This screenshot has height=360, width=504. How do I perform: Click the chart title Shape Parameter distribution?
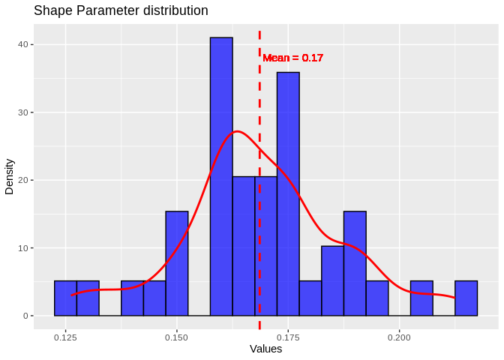(x=121, y=10)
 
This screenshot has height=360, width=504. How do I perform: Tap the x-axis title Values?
(x=265, y=349)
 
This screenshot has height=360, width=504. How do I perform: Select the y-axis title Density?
(x=10, y=176)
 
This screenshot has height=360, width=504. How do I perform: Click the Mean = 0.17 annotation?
(x=292, y=58)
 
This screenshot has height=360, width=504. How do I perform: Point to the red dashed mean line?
(x=259, y=225)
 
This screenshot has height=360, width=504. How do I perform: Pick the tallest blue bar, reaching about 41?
(x=221, y=176)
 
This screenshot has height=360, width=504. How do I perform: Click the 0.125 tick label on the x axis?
(x=65, y=337)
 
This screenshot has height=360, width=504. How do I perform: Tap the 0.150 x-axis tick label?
(x=177, y=337)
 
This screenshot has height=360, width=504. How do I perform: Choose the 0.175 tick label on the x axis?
(x=288, y=337)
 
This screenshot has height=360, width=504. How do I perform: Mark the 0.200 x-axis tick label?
(x=399, y=337)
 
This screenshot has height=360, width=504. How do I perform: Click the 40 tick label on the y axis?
(x=24, y=45)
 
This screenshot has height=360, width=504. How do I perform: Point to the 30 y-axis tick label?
(x=24, y=112)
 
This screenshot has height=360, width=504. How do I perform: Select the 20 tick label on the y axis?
(x=24, y=180)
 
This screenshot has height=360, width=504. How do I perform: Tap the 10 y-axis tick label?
(x=24, y=248)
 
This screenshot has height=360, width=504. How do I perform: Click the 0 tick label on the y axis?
(x=26, y=316)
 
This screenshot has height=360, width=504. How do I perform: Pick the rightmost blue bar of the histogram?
(x=466, y=298)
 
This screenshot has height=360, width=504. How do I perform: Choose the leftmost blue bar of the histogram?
(x=65, y=298)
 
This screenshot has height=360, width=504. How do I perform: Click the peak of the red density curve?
(x=237, y=131)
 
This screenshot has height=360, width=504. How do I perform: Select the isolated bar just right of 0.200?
(x=421, y=298)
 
